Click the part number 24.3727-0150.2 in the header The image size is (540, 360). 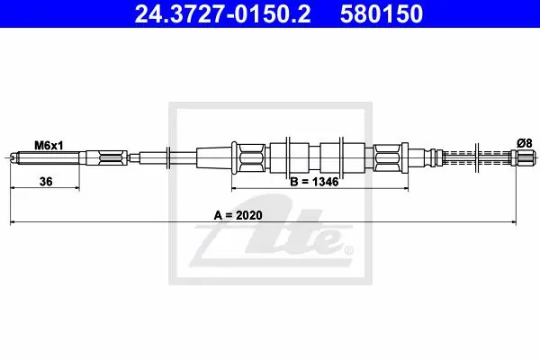pyautogui.click(x=222, y=13)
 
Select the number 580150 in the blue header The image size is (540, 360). pyautogui.click(x=382, y=13)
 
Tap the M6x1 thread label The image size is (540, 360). pyautogui.click(x=49, y=146)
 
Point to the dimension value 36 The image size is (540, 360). pyautogui.click(x=46, y=181)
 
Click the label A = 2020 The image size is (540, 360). pyautogui.click(x=238, y=215)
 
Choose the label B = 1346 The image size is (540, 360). pyautogui.click(x=314, y=182)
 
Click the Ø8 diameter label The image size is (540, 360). pyautogui.click(x=525, y=143)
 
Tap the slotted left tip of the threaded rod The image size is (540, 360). pyautogui.click(x=13, y=158)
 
